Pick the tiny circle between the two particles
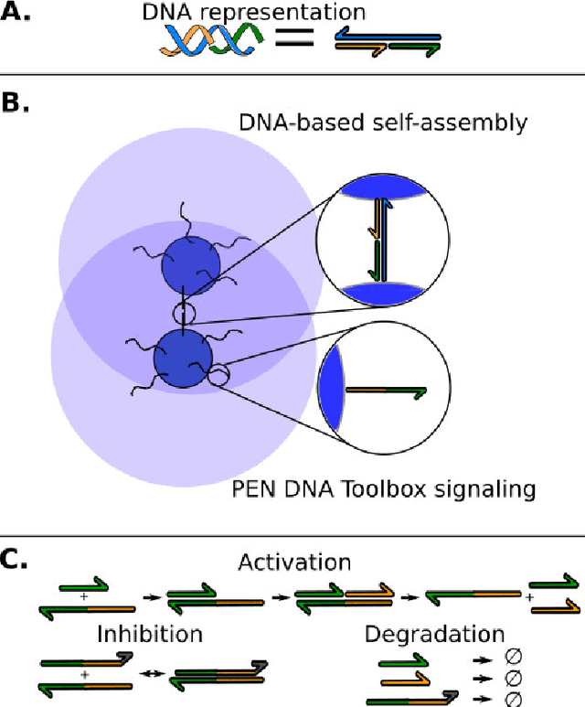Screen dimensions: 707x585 (185, 316)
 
